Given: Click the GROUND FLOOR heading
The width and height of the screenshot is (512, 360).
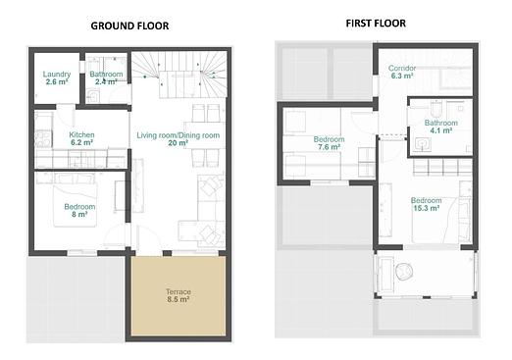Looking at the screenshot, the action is click(129, 26).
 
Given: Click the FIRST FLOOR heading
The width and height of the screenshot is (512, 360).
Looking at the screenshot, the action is click(376, 24).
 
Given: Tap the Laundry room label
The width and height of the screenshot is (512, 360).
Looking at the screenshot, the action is click(57, 75).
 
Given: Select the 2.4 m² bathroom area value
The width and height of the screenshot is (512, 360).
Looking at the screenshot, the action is click(106, 81).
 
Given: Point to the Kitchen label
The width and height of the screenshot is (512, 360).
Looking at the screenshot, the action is click(81, 134).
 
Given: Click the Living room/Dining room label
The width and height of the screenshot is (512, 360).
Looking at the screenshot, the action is click(179, 135).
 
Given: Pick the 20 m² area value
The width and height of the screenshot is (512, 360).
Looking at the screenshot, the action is click(179, 143).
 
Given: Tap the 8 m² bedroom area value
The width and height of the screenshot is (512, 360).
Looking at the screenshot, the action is click(79, 215).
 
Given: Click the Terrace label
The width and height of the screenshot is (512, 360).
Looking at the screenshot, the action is click(179, 291).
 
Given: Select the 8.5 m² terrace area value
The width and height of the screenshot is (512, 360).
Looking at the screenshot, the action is click(179, 299).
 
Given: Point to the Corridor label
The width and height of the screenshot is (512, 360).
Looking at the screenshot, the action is click(402, 68).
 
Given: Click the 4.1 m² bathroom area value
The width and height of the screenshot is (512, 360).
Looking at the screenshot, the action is click(441, 130).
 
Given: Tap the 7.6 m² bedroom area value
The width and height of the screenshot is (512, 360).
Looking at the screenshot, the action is click(329, 147).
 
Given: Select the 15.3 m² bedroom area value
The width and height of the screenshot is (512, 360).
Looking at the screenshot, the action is click(427, 208).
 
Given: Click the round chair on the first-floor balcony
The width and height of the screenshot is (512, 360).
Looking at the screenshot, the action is click(404, 272).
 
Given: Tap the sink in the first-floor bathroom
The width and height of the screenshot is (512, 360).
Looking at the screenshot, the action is click(423, 144).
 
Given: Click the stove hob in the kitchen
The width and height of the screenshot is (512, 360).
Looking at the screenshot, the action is click(43, 139).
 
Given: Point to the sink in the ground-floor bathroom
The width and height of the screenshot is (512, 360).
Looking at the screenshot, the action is click(93, 97).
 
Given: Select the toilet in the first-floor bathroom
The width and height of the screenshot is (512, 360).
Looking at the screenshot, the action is click(436, 109).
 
